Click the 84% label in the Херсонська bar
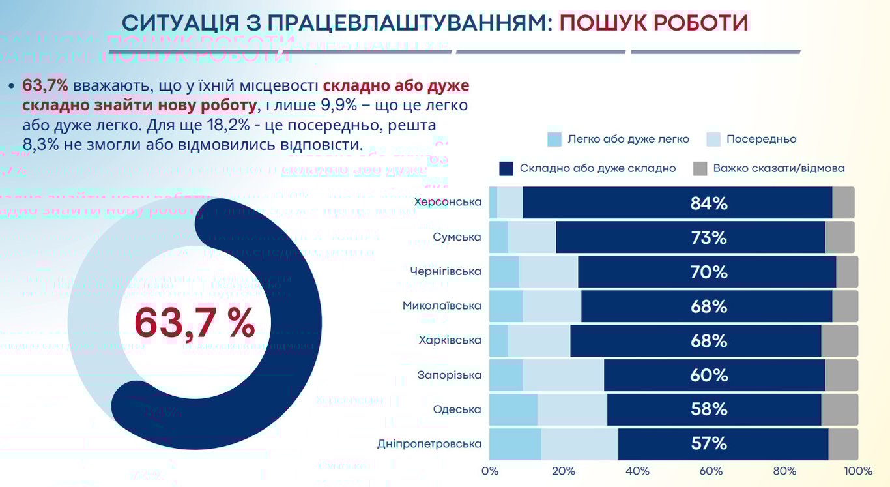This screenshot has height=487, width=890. pyautogui.click(x=709, y=203)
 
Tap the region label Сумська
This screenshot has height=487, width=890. pyautogui.click(x=457, y=237)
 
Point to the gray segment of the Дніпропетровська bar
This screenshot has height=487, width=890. pyautogui.click(x=843, y=444)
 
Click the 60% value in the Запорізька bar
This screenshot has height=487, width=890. pyautogui.click(x=709, y=376)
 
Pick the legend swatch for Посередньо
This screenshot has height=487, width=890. pyautogui.click(x=713, y=139)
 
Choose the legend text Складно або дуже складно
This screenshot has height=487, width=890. pyautogui.click(x=597, y=168)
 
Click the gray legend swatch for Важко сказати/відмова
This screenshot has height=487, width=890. pyautogui.click(x=699, y=168)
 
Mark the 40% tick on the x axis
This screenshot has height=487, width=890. pyautogui.click(x=637, y=471)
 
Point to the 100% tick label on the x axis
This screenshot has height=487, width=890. pyautogui.click(x=858, y=471)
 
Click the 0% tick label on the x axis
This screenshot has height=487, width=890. pyautogui.click(x=489, y=471)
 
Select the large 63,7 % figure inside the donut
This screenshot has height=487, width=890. pyautogui.click(x=194, y=323)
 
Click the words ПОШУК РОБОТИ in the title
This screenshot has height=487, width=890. pyautogui.click(x=654, y=23)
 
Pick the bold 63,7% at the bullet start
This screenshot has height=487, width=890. pyautogui.click(x=45, y=85)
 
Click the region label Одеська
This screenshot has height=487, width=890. pyautogui.click(x=457, y=409)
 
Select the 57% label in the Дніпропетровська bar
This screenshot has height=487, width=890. pyautogui.click(x=709, y=444)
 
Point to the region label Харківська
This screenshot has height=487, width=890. pyautogui.click(x=450, y=340)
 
